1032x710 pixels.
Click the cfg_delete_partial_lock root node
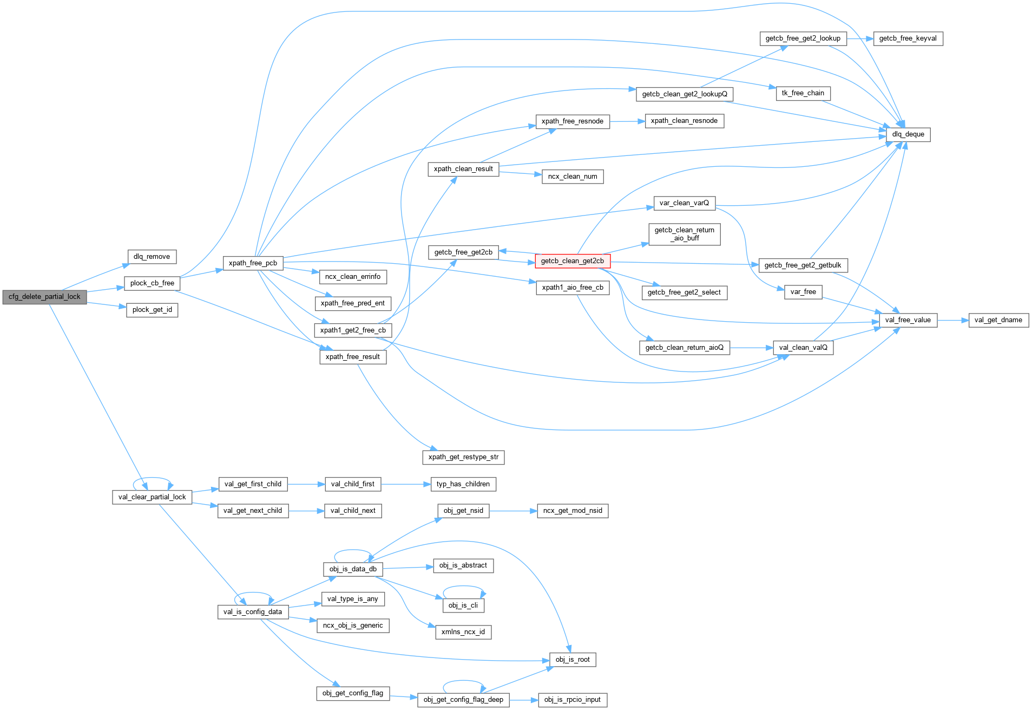(44, 297)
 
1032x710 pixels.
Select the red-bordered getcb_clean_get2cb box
(572, 261)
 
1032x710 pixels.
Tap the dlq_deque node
(908, 134)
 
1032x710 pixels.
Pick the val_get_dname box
(998, 320)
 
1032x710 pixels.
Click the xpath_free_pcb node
(253, 263)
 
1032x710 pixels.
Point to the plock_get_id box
(152, 310)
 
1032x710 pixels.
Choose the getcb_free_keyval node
(908, 38)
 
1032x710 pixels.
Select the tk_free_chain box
(803, 93)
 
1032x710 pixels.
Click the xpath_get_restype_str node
(463, 457)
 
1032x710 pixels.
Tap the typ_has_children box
(463, 484)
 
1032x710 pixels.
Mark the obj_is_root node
(572, 660)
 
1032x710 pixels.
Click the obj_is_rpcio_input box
(572, 700)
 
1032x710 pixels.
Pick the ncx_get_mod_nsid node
(572, 511)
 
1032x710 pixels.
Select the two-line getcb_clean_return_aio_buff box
(684, 234)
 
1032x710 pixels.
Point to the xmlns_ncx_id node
(463, 632)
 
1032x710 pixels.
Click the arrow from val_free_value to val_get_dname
(952, 320)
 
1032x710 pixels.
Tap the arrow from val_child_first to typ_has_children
(406, 484)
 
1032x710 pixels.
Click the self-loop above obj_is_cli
(464, 587)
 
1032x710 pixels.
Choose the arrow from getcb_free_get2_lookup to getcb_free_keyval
(860, 38)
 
